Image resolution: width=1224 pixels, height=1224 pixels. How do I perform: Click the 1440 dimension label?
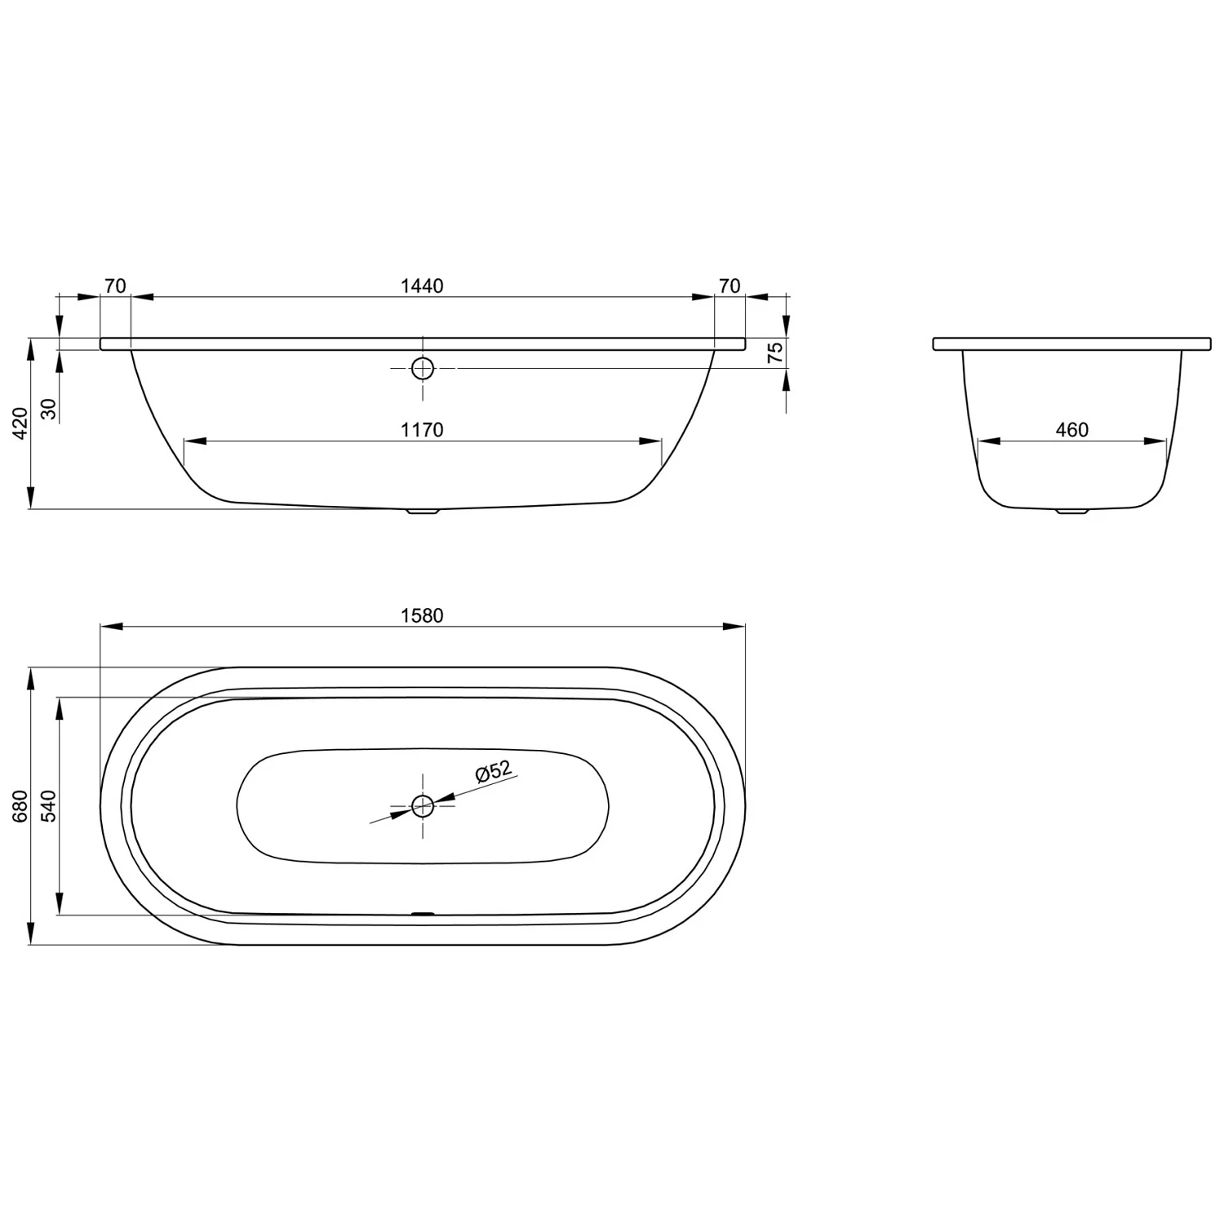[422, 286]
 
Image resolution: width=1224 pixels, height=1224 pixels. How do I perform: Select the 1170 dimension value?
[422, 430]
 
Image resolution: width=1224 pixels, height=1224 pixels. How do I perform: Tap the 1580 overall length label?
[422, 615]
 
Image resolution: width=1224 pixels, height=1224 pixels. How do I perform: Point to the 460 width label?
[1072, 430]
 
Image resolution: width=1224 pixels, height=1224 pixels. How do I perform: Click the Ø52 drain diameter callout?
[493, 771]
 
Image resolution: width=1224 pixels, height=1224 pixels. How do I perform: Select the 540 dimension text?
[49, 805]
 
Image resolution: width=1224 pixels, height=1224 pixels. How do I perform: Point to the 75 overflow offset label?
[775, 353]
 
